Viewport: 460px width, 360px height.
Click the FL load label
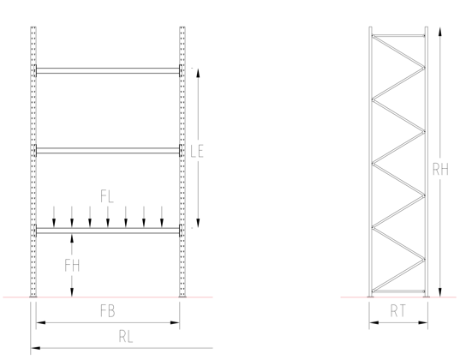pos(107,196)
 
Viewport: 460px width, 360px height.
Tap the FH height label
pos(72,265)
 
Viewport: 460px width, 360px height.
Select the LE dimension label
pos(197,151)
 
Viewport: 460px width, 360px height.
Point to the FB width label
pos(108,311)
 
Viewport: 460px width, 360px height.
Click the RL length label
pos(126,337)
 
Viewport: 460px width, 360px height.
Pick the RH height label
pos(440,170)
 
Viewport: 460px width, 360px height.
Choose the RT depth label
pos(397,311)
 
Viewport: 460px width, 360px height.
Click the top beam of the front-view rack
pos(107,71)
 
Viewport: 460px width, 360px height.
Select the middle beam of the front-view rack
pos(107,151)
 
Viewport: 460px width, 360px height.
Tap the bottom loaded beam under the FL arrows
pos(107,231)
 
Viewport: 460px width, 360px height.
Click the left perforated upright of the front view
pos(33,162)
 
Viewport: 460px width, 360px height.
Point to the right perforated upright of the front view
pos(182,162)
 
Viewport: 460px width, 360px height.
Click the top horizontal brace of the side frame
pos(398,36)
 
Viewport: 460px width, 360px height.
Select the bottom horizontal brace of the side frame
pos(398,291)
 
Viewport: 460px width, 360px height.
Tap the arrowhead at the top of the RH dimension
pos(439,31)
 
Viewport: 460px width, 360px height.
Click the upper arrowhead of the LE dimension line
pos(198,73)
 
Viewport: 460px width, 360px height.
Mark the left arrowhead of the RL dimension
pos(35,348)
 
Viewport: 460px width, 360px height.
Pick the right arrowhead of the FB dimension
pos(175,322)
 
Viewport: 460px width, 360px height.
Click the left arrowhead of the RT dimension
pos(374,322)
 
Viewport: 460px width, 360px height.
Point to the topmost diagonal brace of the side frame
pos(398,51)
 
